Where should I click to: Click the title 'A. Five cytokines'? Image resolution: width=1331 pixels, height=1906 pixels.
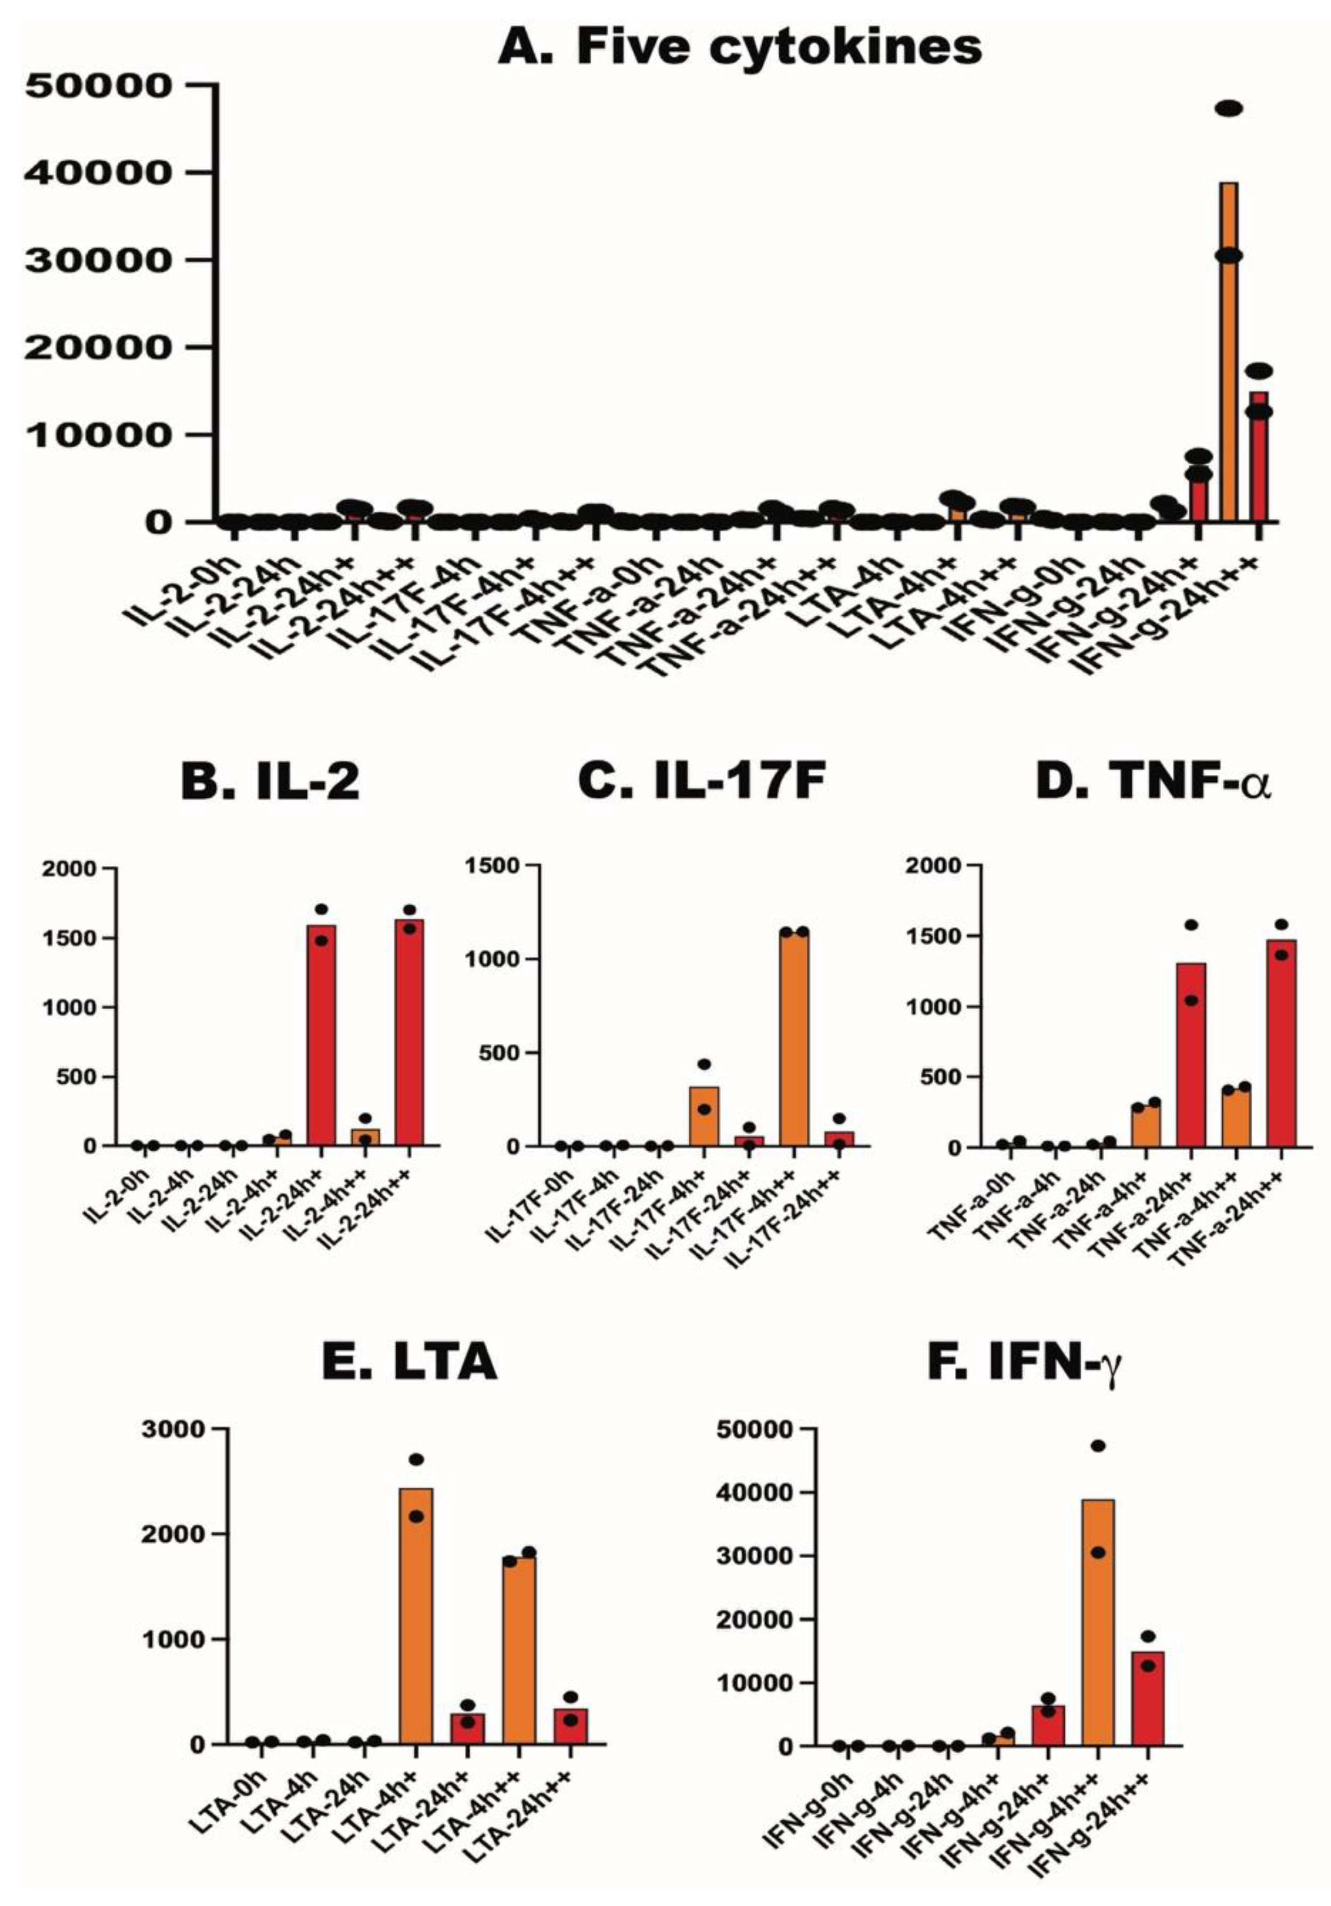(x=739, y=47)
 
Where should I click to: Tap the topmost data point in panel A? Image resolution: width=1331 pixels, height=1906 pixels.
(x=1228, y=109)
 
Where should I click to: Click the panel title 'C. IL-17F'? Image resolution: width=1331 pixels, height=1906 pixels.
(x=701, y=783)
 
